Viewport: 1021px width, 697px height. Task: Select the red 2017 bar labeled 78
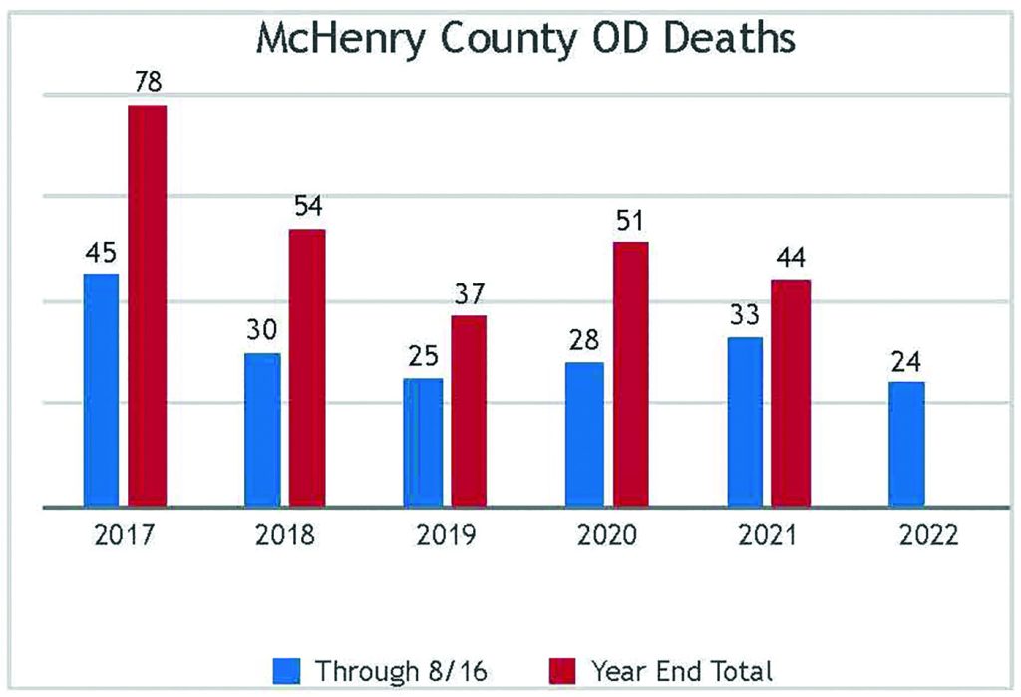tap(148, 305)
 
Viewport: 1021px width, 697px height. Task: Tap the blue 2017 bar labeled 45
tap(101, 390)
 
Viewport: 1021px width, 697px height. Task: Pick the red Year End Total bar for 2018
tap(307, 368)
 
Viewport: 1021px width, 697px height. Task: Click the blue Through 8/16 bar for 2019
tap(423, 442)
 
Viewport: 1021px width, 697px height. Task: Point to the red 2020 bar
tap(630, 374)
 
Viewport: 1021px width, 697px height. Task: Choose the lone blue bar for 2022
tap(905, 444)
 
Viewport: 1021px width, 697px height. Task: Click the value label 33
tap(744, 315)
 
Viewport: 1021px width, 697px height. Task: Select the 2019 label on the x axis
tap(446, 536)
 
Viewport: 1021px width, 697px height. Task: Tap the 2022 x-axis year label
tap(928, 536)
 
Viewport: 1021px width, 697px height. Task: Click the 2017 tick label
tap(124, 536)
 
